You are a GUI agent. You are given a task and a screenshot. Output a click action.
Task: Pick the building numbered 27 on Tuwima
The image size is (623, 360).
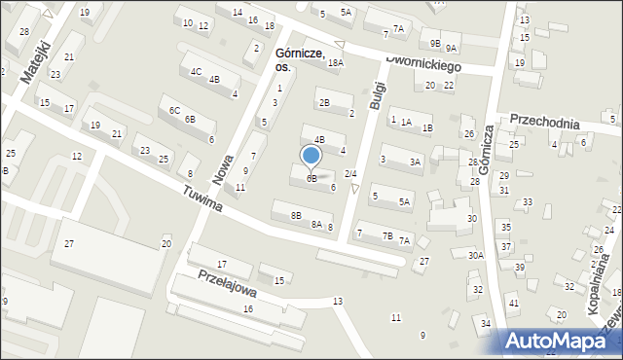[69, 242]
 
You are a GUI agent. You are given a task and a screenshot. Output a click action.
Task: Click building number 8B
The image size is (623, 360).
[296, 214]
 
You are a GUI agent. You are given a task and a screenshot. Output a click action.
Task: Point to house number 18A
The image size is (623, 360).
[335, 62]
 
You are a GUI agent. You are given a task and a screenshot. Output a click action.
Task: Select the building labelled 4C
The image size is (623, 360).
[196, 71]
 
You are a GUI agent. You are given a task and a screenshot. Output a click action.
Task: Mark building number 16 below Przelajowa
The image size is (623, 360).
[248, 308]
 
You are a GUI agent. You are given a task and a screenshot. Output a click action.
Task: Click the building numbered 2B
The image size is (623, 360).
[324, 102]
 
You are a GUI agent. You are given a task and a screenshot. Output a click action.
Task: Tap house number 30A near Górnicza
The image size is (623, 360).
[475, 255]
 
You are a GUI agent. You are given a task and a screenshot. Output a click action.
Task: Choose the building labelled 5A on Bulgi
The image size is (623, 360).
[404, 201]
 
